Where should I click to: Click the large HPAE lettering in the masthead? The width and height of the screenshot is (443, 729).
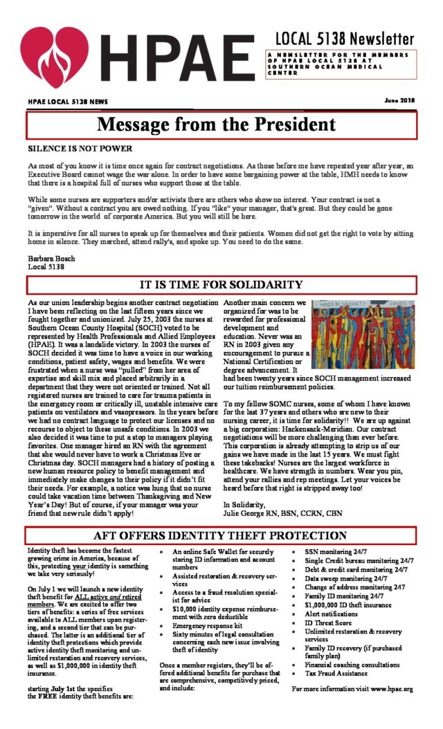(177, 59)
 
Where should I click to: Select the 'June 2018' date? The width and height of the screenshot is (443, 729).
(399, 101)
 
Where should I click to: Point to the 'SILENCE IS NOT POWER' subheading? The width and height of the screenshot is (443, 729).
(80, 148)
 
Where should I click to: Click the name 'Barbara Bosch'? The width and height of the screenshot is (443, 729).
(52, 258)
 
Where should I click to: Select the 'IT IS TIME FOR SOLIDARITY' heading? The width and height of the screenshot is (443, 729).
(221, 284)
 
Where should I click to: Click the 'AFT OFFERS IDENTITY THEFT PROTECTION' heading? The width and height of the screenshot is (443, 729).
(221, 536)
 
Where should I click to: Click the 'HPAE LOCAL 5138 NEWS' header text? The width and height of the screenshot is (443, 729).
(68, 102)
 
